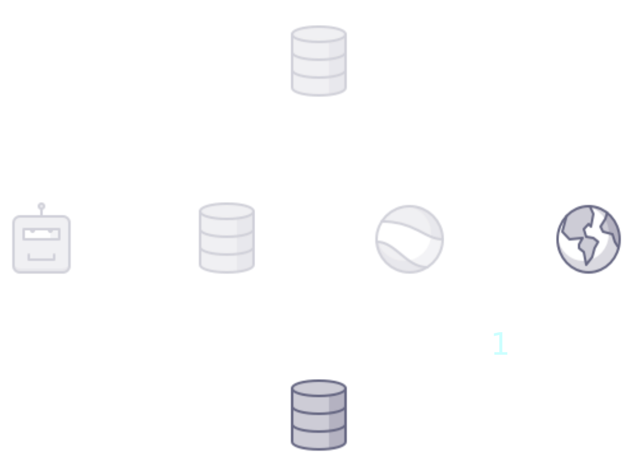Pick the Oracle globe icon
[588, 239]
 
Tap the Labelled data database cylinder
[319, 413]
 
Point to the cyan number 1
[500, 344]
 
